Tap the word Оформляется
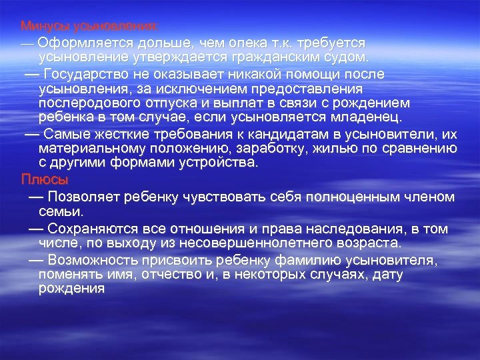pos(78,42)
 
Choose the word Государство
pos(87,73)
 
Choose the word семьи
pos(61,211)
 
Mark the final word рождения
pos(72,289)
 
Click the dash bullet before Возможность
pos(37,259)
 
